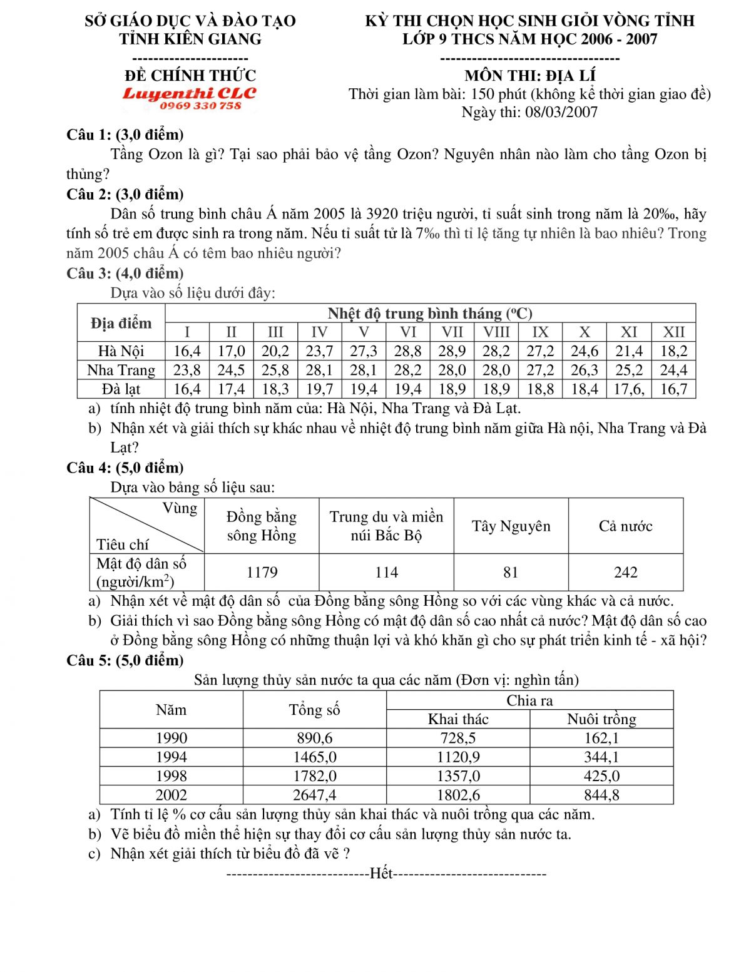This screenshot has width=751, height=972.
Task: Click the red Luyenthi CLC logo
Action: coord(190,93)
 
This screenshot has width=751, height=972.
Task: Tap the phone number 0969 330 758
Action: coord(200,106)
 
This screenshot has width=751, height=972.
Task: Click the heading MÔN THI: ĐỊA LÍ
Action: coord(529,76)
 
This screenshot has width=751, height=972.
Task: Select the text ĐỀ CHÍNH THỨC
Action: coord(190,76)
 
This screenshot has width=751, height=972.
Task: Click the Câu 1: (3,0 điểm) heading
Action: coord(125,135)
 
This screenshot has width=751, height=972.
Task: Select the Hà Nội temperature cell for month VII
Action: coord(452,351)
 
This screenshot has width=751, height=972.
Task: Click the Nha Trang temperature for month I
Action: coord(186,370)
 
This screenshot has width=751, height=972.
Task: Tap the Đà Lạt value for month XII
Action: coord(673,389)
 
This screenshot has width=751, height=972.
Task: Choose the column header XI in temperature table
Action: coord(629,332)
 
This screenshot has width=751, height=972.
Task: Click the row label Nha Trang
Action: coord(121,370)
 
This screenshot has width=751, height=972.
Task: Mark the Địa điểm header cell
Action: coord(121,323)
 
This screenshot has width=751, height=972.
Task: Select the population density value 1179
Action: coord(262,572)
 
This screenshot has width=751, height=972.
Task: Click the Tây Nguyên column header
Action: coord(511,526)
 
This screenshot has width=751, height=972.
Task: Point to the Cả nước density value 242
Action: coord(625,572)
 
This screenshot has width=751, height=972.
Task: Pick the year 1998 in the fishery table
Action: coord(171,776)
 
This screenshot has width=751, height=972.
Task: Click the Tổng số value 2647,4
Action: coord(314,795)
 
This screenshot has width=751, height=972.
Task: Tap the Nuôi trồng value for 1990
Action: coord(601,738)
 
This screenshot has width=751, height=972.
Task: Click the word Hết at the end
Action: coord(381,873)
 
